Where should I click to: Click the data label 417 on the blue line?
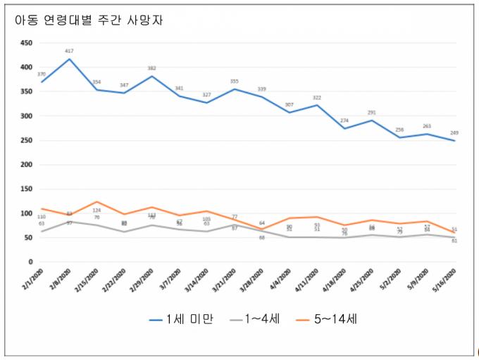point(69,51)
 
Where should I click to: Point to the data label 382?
point(151,68)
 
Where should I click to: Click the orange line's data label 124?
point(97,210)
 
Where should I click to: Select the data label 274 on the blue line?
point(344,120)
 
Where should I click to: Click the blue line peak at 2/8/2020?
point(69,58)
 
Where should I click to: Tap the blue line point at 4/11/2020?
point(317,105)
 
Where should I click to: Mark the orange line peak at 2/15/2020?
point(97,201)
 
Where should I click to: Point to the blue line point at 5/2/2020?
point(399,137)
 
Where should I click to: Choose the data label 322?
point(317,97)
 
